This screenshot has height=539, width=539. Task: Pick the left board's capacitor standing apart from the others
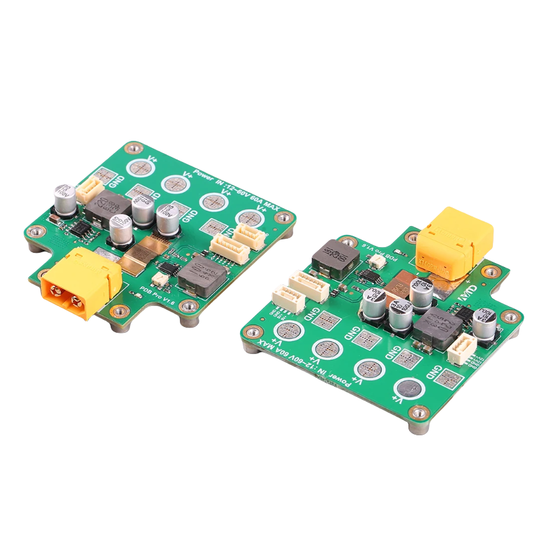point(65,198)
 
